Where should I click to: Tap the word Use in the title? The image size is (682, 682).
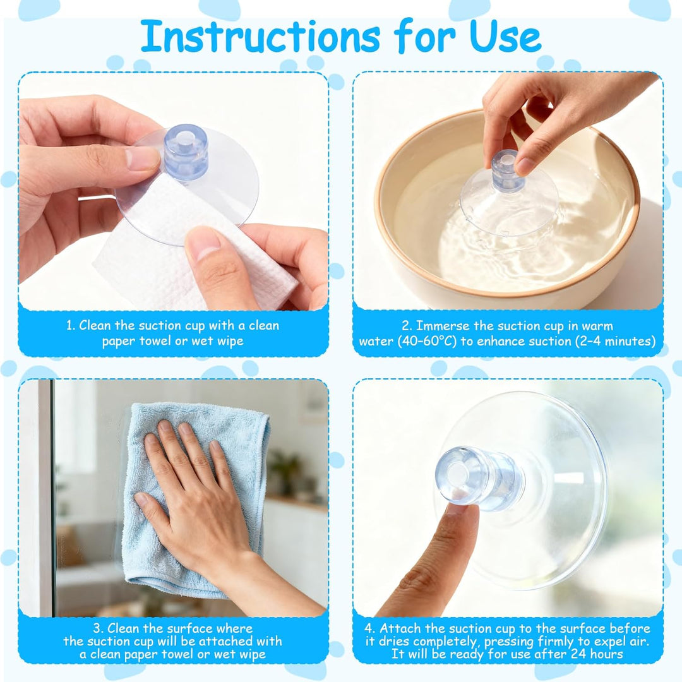505,37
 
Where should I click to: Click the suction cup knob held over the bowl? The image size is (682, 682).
507,171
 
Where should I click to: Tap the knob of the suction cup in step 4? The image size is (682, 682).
479,479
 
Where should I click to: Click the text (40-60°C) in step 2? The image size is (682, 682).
427,341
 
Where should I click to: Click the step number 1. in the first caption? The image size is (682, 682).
71,325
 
